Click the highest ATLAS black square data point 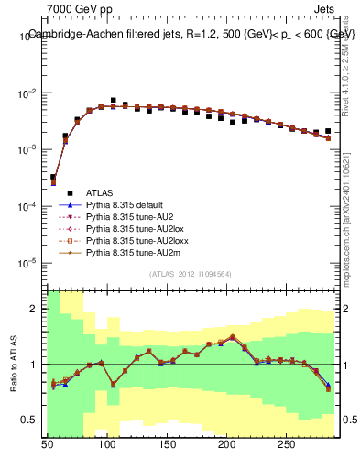[x=113, y=100]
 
